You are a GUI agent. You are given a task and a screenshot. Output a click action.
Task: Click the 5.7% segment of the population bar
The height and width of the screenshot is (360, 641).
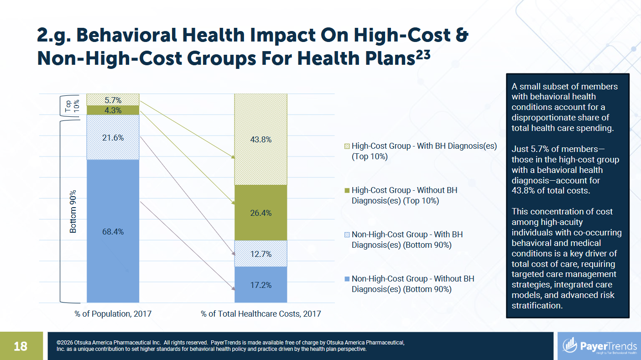[x=113, y=99]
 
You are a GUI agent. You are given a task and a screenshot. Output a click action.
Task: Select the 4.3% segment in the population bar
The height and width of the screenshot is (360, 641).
[x=113, y=110]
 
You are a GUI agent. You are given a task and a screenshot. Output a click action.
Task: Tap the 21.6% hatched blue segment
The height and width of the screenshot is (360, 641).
[x=113, y=137]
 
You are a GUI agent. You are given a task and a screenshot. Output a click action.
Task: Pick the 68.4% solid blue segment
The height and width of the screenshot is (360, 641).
[x=113, y=231]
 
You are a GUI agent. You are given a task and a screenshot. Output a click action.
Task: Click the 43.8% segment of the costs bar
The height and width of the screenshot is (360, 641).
[x=261, y=139]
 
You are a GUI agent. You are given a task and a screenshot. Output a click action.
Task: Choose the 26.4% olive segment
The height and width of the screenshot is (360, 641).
[x=261, y=213]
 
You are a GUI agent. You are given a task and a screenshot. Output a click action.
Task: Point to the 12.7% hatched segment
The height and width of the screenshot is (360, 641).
[x=261, y=254]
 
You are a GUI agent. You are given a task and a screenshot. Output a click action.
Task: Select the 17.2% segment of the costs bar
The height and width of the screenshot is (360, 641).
[x=261, y=285]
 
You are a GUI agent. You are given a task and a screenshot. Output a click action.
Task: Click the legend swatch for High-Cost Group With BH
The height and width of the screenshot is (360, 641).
[x=347, y=146]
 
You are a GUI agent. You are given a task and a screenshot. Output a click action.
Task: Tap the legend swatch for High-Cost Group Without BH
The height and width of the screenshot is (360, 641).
[x=347, y=191]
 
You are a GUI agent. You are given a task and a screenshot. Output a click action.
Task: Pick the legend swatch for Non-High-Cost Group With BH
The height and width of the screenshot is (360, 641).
[x=347, y=235]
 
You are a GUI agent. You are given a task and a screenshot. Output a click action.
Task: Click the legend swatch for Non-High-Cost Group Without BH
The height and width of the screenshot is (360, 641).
[x=347, y=279]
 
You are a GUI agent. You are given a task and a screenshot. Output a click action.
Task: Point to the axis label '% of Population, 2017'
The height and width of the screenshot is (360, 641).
[x=113, y=314]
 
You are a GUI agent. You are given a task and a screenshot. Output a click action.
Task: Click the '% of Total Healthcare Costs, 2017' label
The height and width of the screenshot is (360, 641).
[x=261, y=314]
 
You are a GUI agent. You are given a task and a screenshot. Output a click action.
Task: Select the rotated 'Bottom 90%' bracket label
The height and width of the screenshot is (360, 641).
[x=73, y=211]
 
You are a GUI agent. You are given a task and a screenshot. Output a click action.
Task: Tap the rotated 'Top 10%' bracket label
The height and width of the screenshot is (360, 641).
[x=72, y=106]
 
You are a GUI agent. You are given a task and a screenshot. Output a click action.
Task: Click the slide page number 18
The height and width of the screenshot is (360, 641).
[x=21, y=346]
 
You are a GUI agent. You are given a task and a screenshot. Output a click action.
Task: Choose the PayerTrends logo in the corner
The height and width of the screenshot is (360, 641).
[x=599, y=346]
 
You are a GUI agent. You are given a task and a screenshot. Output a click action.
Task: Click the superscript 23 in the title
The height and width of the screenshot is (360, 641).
[x=423, y=54]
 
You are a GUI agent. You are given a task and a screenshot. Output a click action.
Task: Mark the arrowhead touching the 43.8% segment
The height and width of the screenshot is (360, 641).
[x=233, y=157]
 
